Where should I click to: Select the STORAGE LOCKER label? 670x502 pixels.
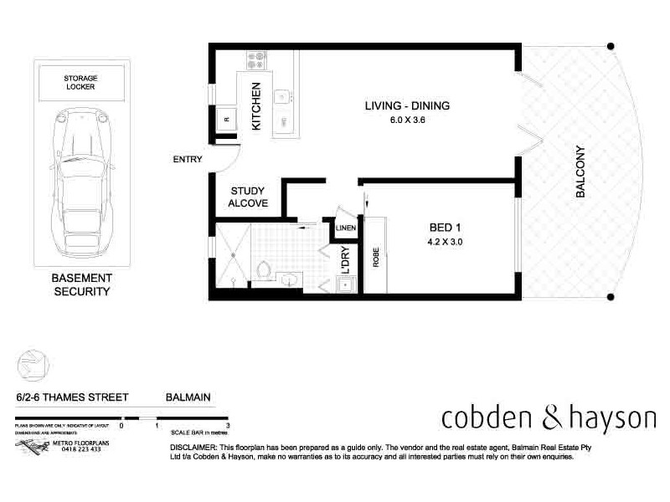click(80, 81)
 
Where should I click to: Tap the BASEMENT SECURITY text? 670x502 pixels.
click(82, 285)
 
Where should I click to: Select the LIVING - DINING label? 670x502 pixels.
click(407, 105)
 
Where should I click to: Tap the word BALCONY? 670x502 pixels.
click(580, 172)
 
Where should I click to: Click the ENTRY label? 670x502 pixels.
click(186, 159)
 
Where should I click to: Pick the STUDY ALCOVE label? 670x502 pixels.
click(248, 197)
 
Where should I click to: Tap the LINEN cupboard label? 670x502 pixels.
click(346, 227)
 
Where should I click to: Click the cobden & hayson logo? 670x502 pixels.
click(549, 416)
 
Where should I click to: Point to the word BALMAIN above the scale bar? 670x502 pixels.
click(188, 399)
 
